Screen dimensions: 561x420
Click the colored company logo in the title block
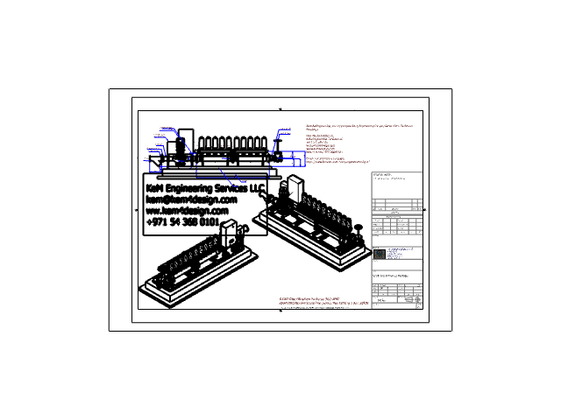pyautogui.click(x=380, y=254)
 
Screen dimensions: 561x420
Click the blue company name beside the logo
pyautogui.click(x=394, y=254)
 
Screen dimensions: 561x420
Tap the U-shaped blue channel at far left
pyautogui.click(x=154, y=167)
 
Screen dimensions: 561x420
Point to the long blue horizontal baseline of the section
pyautogui.click(x=232, y=178)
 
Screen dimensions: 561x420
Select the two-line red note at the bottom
pyautogui.click(x=323, y=301)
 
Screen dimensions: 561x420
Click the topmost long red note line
pyautogui.click(x=359, y=126)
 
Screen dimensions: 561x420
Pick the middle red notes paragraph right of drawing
pyautogui.click(x=324, y=143)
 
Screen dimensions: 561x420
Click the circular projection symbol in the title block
pyautogui.click(x=417, y=299)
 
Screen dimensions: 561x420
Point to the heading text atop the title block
pyautogui.click(x=383, y=175)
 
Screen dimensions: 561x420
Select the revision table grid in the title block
pyautogui.click(x=397, y=226)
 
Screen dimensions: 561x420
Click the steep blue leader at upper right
pyautogui.click(x=277, y=140)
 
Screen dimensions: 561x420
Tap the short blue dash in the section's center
pyautogui.click(x=224, y=158)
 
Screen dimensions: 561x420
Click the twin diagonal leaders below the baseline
pyautogui.click(x=231, y=180)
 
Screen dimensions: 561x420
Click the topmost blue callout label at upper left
pyautogui.click(x=167, y=129)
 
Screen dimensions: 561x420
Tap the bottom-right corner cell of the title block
pyautogui.click(x=419, y=305)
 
